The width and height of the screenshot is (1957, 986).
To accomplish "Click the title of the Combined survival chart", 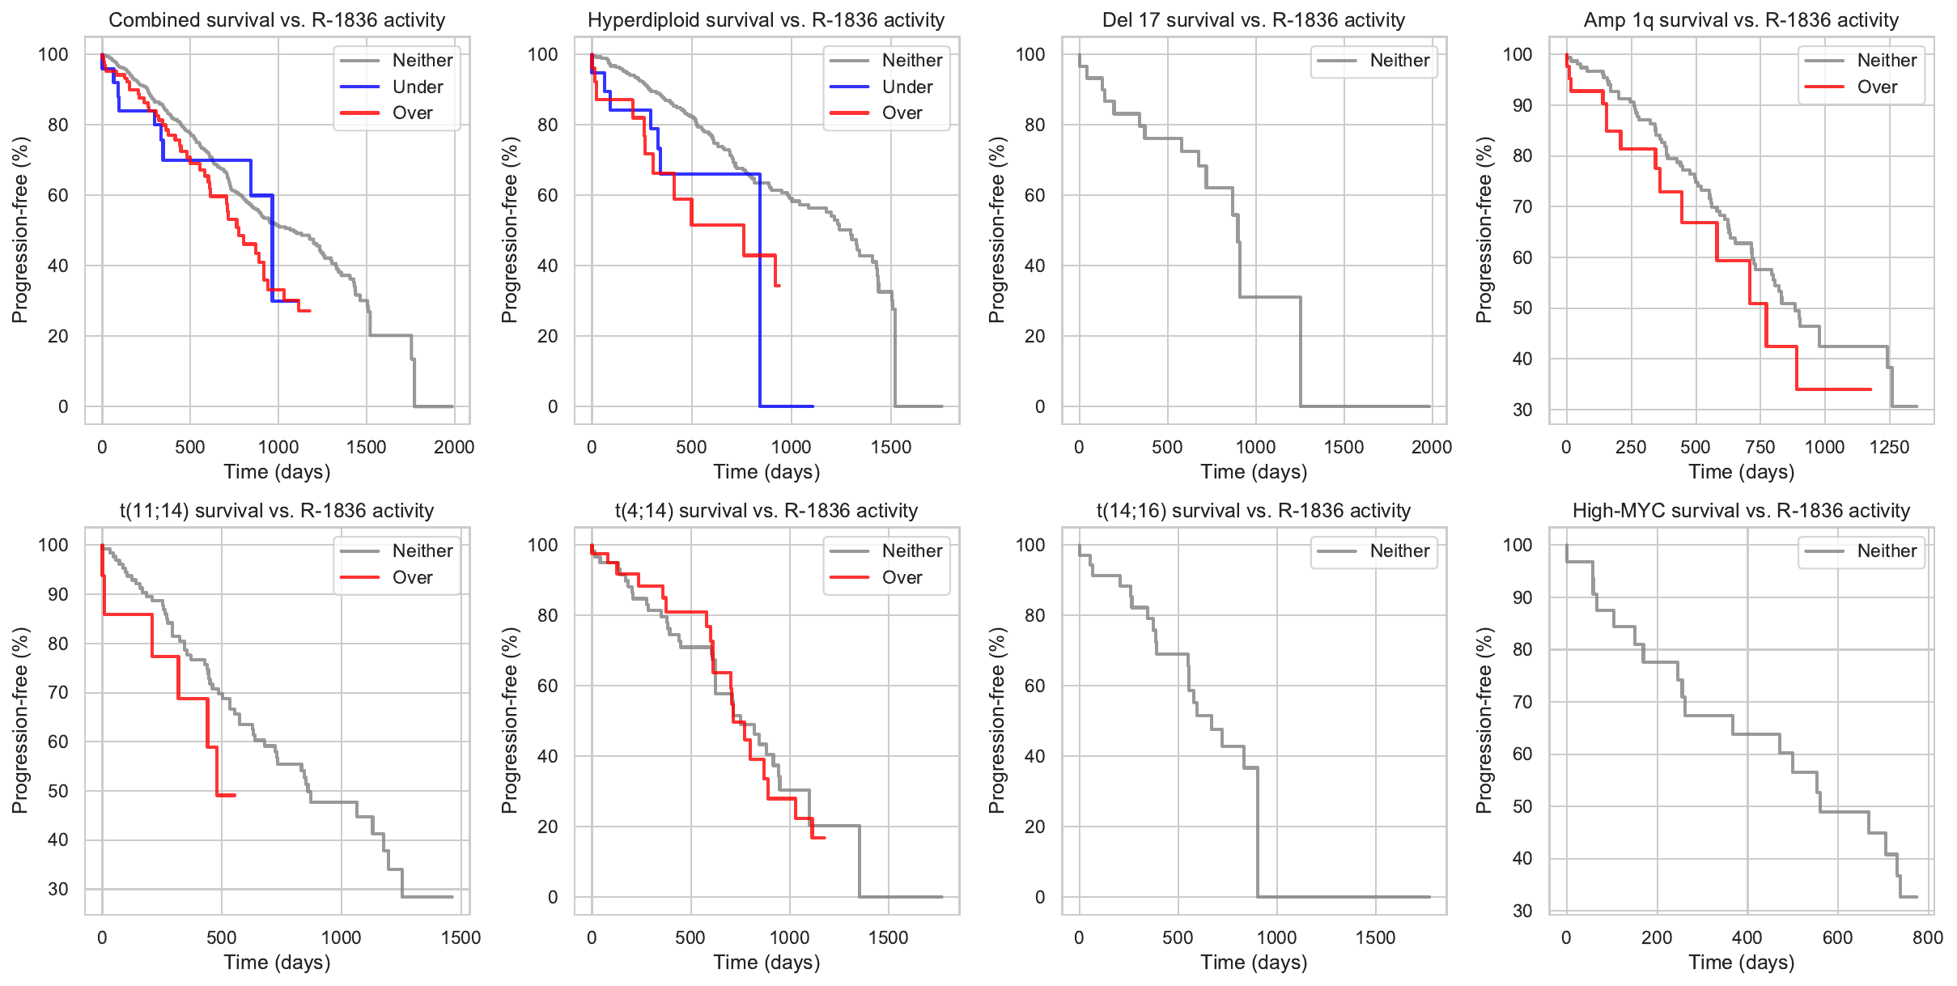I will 277,20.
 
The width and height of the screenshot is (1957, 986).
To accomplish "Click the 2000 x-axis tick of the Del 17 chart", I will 1431,447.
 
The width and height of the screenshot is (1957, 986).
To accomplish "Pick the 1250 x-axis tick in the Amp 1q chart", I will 1889,447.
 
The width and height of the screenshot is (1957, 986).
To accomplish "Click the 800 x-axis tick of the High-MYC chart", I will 1928,937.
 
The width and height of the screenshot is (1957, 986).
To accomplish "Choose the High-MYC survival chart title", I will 1741,511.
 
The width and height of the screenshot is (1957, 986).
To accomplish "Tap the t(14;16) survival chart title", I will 1253,511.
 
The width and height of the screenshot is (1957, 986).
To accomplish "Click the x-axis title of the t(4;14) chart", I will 766,963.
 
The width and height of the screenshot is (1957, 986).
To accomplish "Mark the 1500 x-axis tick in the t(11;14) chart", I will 461,937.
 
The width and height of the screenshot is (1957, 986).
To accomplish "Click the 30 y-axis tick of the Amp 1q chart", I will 1522,410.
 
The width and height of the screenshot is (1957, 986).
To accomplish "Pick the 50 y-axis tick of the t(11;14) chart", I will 58,791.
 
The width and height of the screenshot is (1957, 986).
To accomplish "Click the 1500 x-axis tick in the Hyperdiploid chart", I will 891,447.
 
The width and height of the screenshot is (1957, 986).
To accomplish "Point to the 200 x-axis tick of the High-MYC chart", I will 1657,937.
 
